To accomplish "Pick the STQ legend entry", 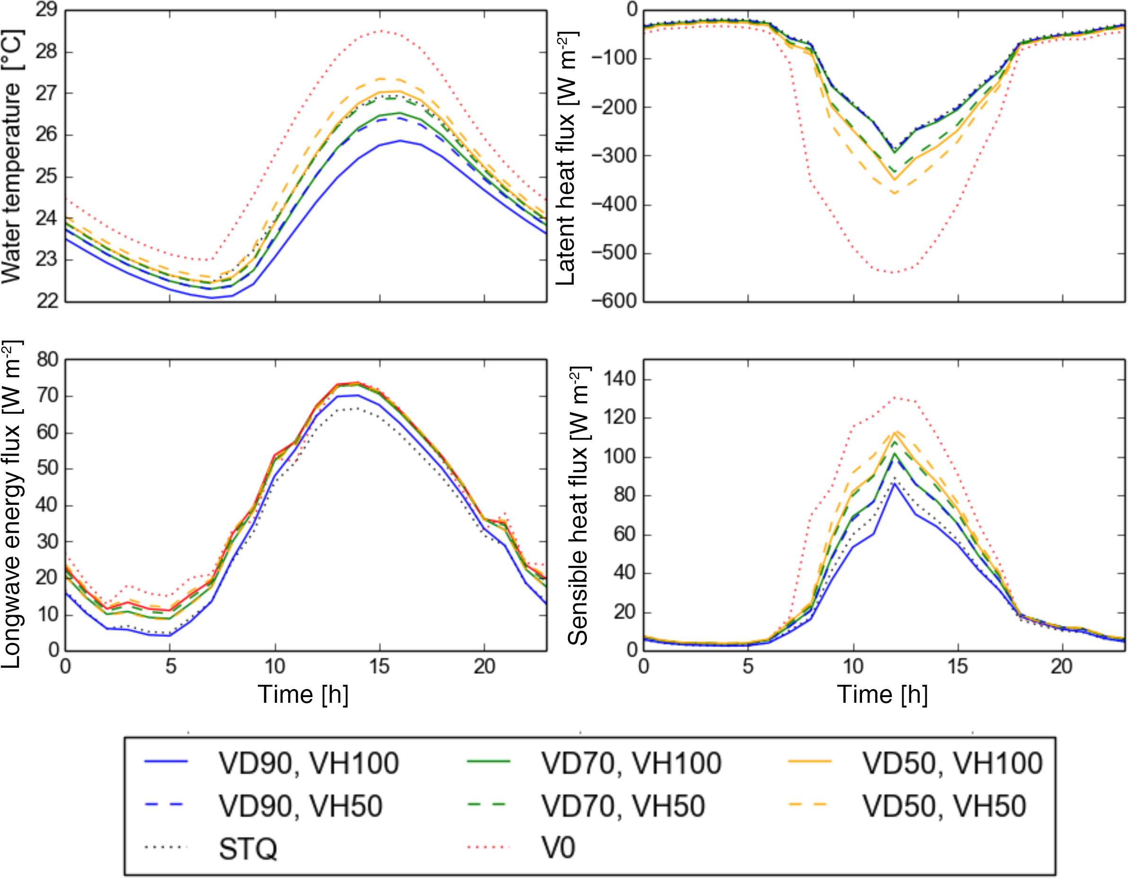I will pyautogui.click(x=248, y=849).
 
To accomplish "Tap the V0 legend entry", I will pyautogui.click(x=558, y=848).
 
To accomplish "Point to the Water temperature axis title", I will pyautogui.click(x=11, y=155).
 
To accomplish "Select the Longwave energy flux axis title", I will pyautogui.click(x=11, y=504).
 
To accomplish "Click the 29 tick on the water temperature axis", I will pyautogui.click(x=47, y=10).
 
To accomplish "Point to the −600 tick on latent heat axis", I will pyautogui.click(x=614, y=301).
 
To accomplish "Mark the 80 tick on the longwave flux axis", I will pyautogui.click(x=47, y=359).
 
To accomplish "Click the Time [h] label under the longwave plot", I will pyautogui.click(x=303, y=695).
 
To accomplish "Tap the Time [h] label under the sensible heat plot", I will pyautogui.click(x=883, y=695).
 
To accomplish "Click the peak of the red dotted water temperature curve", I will pyautogui.click(x=381, y=31).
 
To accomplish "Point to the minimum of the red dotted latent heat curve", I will pyautogui.click(x=894, y=272).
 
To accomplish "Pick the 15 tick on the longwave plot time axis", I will pyautogui.click(x=380, y=667).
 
